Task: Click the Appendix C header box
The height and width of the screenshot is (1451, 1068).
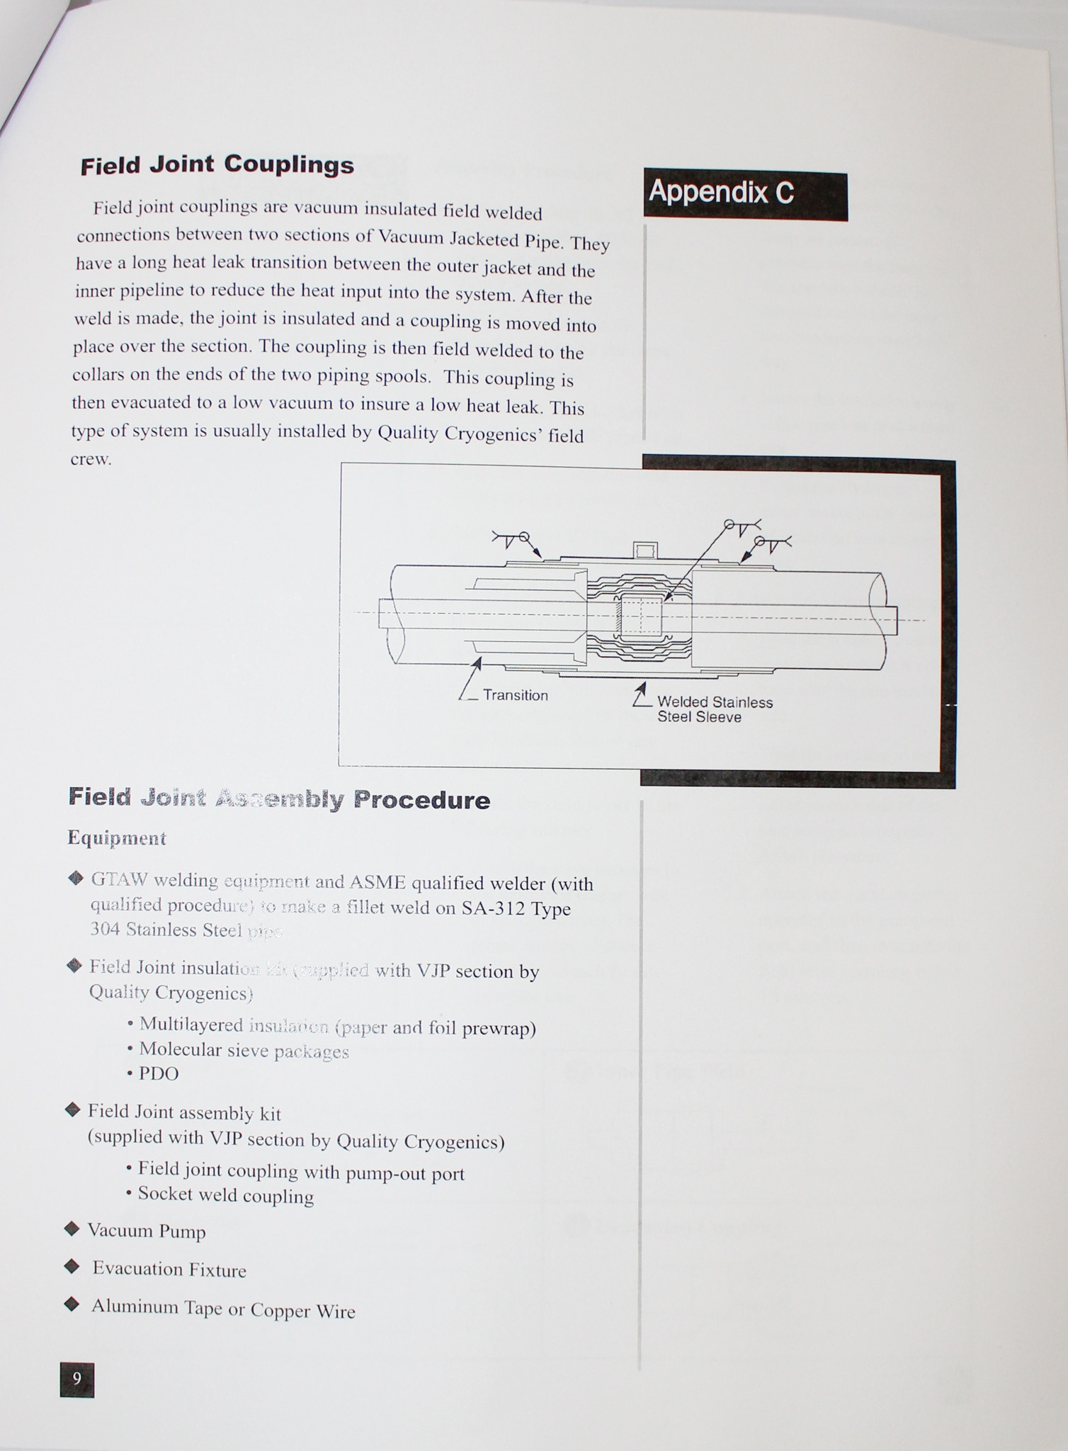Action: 745,195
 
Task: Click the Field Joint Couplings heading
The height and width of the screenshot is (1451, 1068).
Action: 217,165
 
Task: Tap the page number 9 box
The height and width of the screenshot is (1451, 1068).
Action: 77,1379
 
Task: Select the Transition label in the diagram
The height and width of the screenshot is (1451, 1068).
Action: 515,696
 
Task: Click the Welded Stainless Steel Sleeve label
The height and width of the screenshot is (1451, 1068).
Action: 714,709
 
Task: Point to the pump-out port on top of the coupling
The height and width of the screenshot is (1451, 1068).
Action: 644,550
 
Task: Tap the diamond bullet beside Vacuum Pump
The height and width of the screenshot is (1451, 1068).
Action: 72,1229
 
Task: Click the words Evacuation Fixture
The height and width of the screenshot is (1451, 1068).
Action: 169,1270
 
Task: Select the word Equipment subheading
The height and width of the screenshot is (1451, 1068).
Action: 117,838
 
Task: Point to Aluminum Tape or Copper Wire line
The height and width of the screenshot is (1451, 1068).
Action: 223,1309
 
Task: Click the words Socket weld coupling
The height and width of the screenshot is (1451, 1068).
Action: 225,1196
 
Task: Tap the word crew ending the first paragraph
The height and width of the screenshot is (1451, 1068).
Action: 91,459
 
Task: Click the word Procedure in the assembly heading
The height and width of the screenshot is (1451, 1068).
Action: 421,801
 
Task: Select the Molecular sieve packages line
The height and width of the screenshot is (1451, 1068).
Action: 244,1050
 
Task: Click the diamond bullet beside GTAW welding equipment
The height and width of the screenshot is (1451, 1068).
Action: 76,879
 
